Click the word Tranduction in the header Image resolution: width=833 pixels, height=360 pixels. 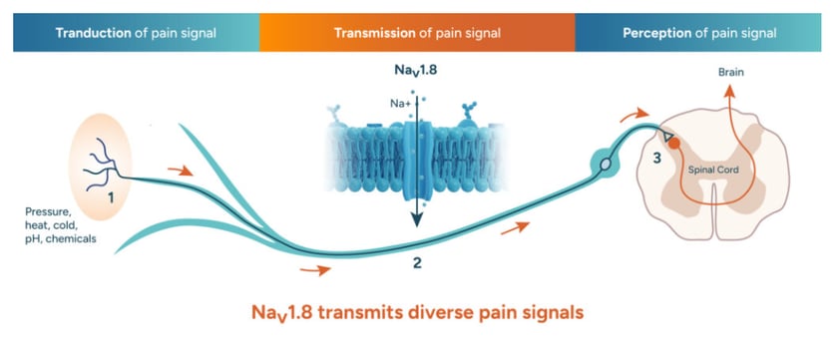tap(93, 33)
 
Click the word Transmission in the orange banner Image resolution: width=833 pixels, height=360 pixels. tap(374, 33)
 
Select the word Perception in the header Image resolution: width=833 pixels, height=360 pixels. tap(656, 33)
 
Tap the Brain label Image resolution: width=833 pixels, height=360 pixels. tap(731, 73)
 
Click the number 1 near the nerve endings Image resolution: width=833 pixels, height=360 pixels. tap(111, 197)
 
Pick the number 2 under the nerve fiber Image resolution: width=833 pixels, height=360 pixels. tap(417, 262)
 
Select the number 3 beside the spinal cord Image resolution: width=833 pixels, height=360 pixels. tap(657, 158)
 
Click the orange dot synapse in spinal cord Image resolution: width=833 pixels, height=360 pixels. tap(673, 143)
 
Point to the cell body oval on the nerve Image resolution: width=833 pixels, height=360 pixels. tap(606, 165)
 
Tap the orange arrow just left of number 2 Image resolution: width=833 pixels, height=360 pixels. tap(315, 270)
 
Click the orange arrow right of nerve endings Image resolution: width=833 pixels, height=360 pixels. tap(181, 171)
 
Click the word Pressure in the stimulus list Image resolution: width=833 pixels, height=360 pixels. tap(47, 211)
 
